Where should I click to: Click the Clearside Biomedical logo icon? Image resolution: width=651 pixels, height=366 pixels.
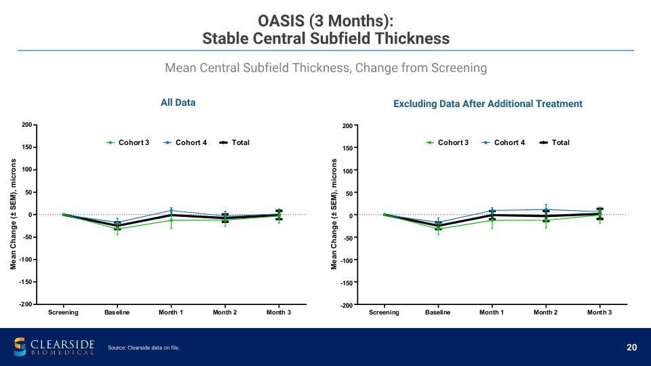pos(20,347)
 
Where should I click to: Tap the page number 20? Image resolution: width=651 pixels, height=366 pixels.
pos(631,347)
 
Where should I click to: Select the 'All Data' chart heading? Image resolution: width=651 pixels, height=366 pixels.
pos(178,102)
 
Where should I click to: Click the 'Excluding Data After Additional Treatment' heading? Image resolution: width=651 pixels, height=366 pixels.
pos(488,104)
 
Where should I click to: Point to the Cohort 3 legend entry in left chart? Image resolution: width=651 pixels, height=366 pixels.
pos(128,142)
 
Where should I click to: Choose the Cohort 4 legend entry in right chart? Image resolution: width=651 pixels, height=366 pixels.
pos(504,142)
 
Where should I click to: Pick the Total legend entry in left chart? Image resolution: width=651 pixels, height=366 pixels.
pos(235,142)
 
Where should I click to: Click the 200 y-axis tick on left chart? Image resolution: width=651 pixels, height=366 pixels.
pos(26,125)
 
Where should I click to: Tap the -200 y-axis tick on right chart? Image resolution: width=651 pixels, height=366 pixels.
pos(347,305)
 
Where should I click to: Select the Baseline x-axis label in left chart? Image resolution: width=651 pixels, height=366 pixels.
pos(117,312)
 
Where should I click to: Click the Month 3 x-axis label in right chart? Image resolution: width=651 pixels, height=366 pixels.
pos(599,312)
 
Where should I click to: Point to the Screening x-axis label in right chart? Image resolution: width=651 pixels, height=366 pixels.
pos(384,312)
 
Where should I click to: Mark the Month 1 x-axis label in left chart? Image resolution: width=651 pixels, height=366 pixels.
pos(171,312)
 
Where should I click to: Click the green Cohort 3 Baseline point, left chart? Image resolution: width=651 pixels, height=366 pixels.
pos(117,228)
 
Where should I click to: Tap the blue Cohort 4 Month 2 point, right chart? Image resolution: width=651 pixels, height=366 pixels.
pos(546,209)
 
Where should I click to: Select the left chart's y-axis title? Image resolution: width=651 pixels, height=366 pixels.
pos(14,214)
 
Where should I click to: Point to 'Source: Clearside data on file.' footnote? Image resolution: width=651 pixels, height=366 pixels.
pos(144,348)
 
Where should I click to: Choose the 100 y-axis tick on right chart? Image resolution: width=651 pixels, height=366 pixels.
pos(347,171)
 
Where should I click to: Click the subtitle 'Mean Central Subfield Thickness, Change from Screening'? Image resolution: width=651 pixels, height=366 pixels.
pos(326,68)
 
